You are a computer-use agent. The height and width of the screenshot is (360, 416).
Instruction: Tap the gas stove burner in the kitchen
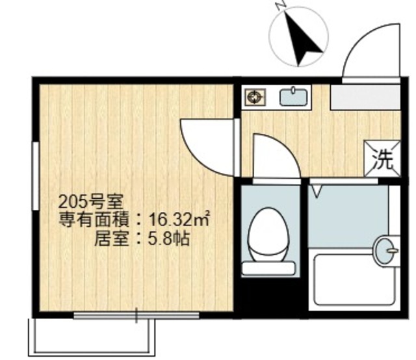[x=254, y=97]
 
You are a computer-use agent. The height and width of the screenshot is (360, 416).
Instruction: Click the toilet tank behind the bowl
[x=268, y=266]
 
